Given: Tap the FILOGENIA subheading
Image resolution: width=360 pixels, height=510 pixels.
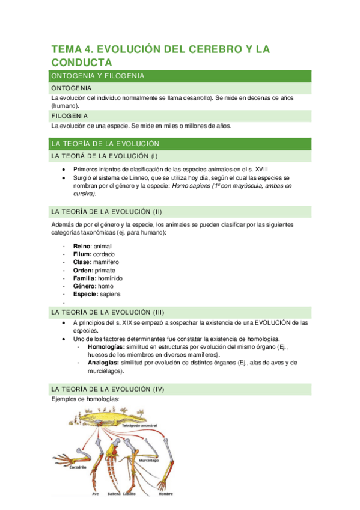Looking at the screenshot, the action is tap(70, 115).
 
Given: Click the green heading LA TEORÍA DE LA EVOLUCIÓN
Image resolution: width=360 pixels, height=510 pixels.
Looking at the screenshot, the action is tap(105, 144).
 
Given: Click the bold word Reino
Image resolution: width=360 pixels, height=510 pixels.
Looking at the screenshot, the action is tap(82, 246).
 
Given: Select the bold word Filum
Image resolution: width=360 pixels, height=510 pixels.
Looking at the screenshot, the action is tap(82, 254).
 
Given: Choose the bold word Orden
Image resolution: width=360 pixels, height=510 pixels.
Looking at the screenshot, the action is tap(83, 271).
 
